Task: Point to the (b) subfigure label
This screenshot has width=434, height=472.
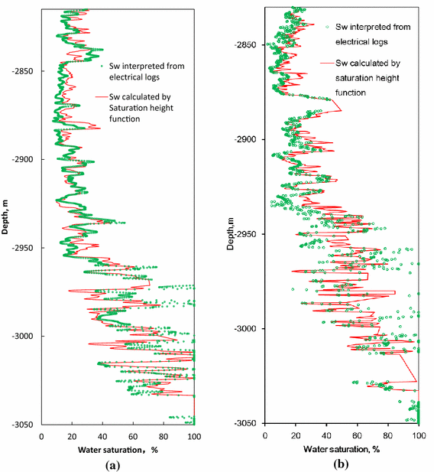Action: click(x=341, y=464)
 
